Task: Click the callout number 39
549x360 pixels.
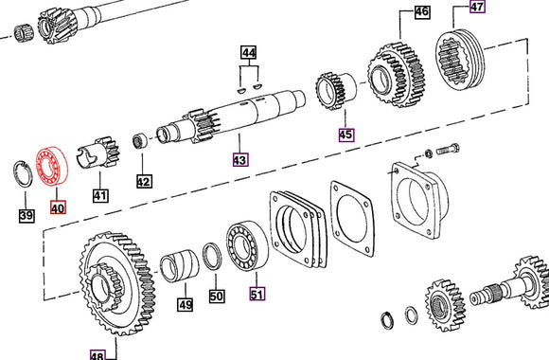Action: pyautogui.click(x=26, y=216)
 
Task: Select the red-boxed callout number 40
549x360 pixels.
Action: pyautogui.click(x=59, y=205)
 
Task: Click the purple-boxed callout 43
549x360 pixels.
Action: pyautogui.click(x=239, y=160)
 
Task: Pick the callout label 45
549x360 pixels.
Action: pyautogui.click(x=345, y=135)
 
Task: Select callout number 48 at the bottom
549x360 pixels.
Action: pyautogui.click(x=97, y=354)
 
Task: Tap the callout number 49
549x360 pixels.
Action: pyautogui.click(x=186, y=304)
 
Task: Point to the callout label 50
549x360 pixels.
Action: pyautogui.click(x=218, y=297)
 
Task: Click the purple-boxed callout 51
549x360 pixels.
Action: pyautogui.click(x=257, y=294)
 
